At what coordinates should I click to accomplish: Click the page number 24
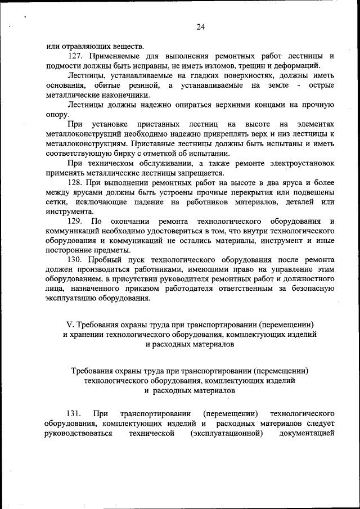pyautogui.click(x=201, y=26)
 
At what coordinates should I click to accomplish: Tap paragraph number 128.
pyautogui.click(x=76, y=183)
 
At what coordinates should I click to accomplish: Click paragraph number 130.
pyautogui.click(x=76, y=260)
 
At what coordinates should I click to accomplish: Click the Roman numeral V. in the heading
pyautogui.click(x=70, y=325)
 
